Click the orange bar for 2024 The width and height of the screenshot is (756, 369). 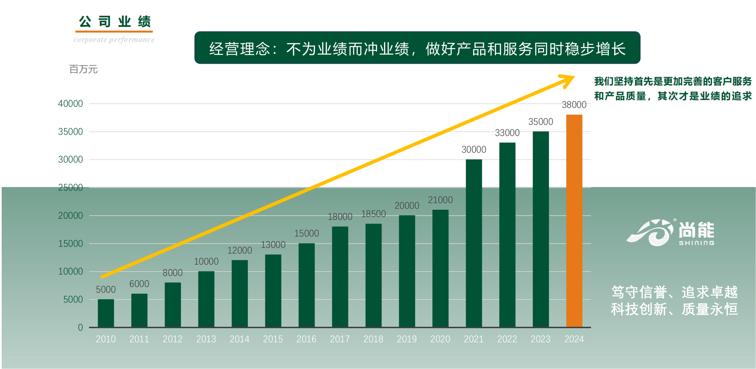(x=574, y=220)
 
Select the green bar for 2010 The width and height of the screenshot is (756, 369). (x=106, y=313)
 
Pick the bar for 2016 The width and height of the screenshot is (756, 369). (x=306, y=285)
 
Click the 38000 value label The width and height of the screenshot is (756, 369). (x=574, y=105)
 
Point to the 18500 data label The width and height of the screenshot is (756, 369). (x=373, y=214)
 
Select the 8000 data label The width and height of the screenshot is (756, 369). (x=173, y=273)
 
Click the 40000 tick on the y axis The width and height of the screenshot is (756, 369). (x=70, y=103)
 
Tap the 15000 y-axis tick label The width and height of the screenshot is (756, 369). (x=70, y=243)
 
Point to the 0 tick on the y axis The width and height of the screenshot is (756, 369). (x=80, y=327)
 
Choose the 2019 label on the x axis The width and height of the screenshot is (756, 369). (x=406, y=339)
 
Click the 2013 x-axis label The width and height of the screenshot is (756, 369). (x=206, y=339)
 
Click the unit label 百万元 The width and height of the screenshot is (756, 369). (x=83, y=69)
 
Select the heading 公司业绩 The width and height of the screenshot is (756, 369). (x=115, y=22)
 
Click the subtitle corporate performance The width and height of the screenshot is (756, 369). (x=114, y=40)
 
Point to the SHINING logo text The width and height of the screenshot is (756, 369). (x=696, y=243)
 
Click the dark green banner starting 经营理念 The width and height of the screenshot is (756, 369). (x=417, y=48)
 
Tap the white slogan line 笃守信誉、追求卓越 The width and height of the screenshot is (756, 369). (x=674, y=292)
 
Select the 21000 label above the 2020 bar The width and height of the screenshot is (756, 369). (x=440, y=200)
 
